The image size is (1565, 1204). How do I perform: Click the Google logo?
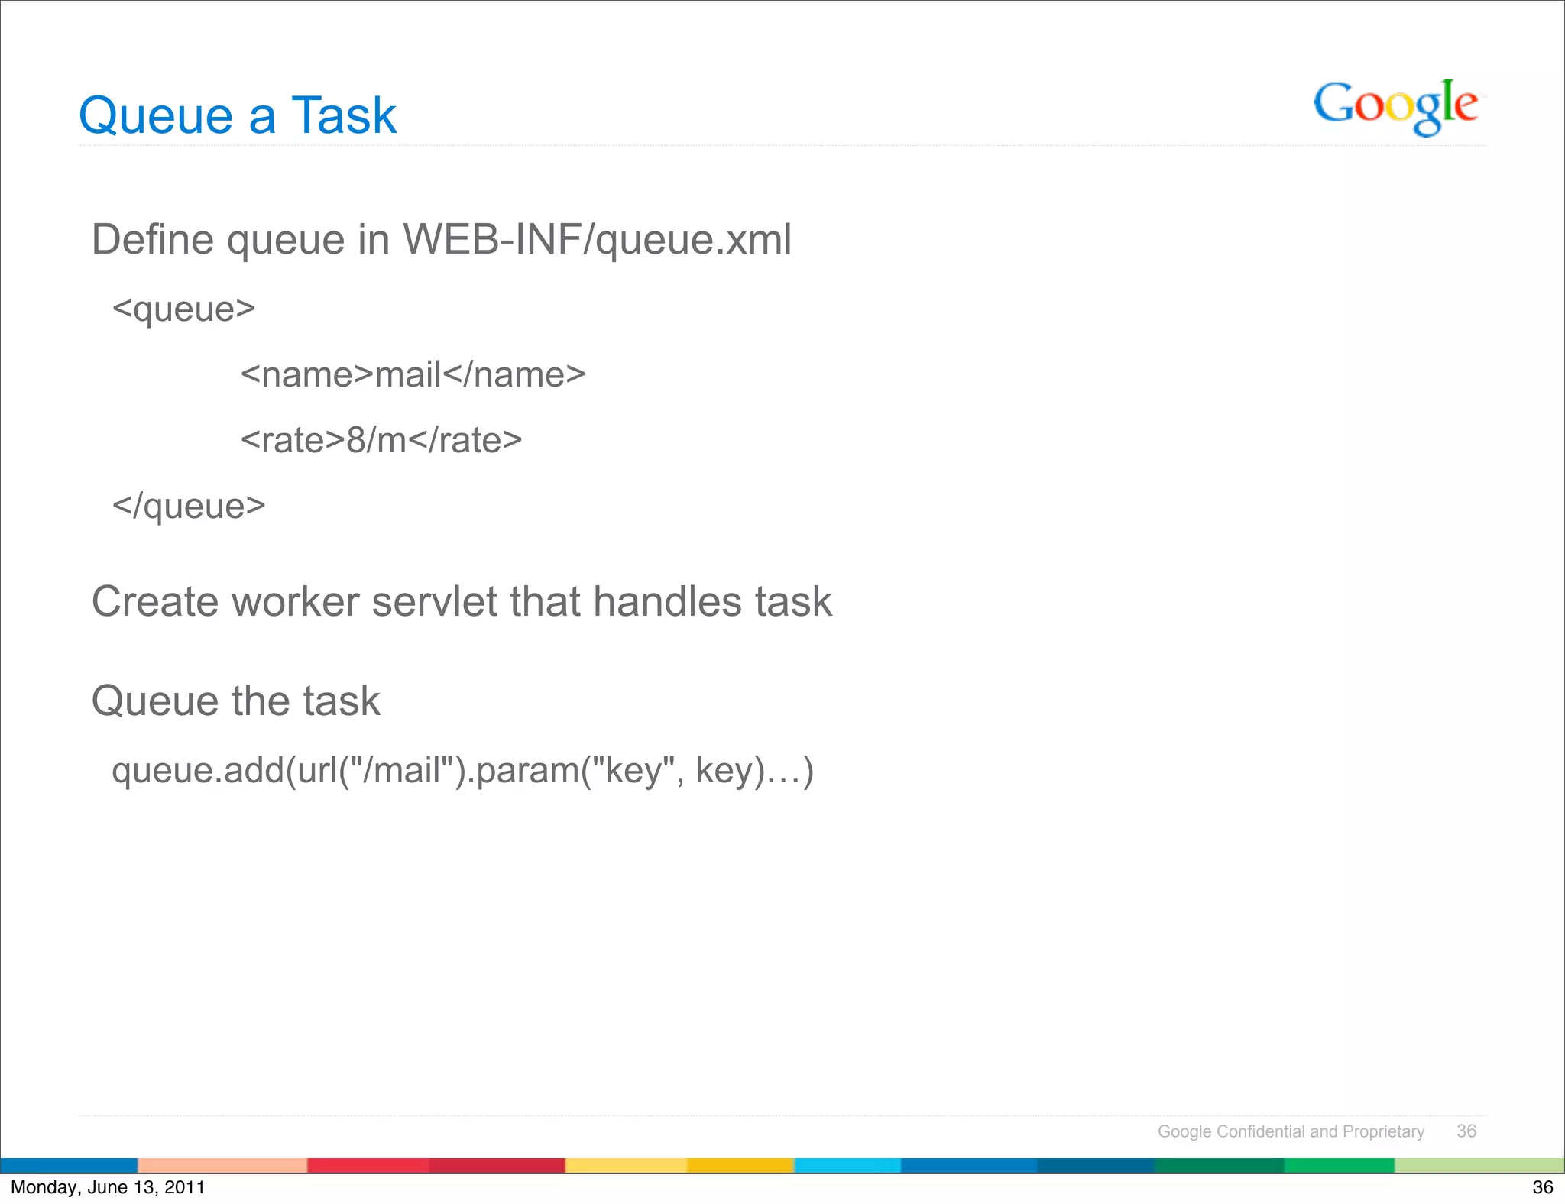tap(1395, 107)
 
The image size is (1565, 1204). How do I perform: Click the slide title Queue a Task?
tap(238, 116)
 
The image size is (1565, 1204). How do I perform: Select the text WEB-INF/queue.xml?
tap(597, 239)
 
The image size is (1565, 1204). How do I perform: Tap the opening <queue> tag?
tap(183, 309)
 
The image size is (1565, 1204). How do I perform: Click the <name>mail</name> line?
tap(413, 375)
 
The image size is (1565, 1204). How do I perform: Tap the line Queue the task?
tap(235, 701)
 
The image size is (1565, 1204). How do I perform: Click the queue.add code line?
tap(462, 770)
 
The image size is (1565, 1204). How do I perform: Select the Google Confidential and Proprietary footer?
tap(1291, 1131)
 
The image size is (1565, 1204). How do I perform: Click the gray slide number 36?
tap(1466, 1131)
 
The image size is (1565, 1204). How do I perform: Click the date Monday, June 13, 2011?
tap(108, 1187)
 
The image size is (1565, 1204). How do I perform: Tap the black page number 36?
tap(1543, 1187)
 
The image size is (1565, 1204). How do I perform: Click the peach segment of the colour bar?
tap(222, 1166)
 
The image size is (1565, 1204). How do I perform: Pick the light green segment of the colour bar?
tap(1479, 1166)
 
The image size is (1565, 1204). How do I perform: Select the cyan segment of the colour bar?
tap(847, 1166)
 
